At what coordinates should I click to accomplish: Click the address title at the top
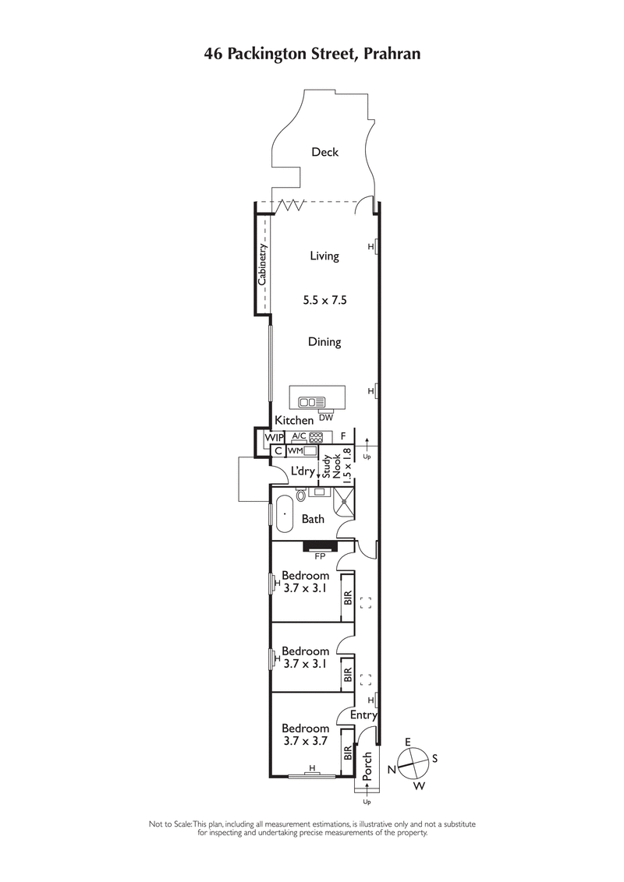pyautogui.click(x=312, y=54)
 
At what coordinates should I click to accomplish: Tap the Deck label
pyautogui.click(x=324, y=152)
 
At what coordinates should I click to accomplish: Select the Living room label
pyautogui.click(x=324, y=256)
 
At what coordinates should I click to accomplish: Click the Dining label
pyautogui.click(x=324, y=341)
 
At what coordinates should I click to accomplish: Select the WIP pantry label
pyautogui.click(x=273, y=438)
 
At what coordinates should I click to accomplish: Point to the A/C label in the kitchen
pyautogui.click(x=299, y=437)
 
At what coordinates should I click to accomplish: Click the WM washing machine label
pyautogui.click(x=295, y=450)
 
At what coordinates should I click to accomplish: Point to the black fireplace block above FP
pyautogui.click(x=318, y=546)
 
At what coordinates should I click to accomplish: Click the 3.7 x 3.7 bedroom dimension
pyautogui.click(x=306, y=741)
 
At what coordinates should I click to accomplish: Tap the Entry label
pyautogui.click(x=364, y=715)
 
